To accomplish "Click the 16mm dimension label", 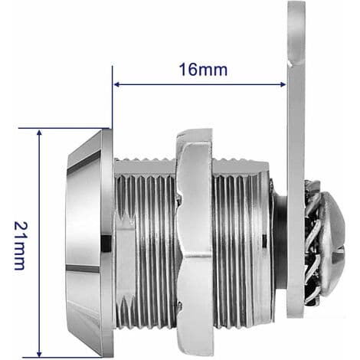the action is (x=203, y=70).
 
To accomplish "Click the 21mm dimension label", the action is (x=21, y=245).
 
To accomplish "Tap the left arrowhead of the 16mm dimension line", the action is (x=116, y=84).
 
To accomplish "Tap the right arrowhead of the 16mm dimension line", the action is (x=283, y=84).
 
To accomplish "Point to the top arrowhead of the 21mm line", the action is (x=39, y=133).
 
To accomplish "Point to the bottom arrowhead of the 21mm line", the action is (x=39, y=354).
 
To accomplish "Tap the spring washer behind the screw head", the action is (x=312, y=243).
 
